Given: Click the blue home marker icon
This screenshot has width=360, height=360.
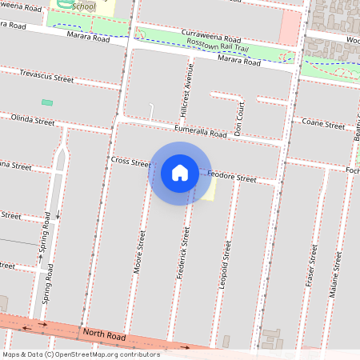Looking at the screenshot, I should (180, 173).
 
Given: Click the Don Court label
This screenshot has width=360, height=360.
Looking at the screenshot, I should (238, 116).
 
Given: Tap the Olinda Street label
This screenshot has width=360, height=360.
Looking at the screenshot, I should (33, 121).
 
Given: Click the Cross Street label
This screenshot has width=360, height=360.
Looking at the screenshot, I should (130, 162).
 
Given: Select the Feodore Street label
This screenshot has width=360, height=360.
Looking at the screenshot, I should (232, 177).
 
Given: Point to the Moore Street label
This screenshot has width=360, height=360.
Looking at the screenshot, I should (140, 253).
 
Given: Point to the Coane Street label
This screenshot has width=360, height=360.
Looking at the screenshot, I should (323, 124).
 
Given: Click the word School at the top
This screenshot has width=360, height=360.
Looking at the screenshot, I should (83, 6).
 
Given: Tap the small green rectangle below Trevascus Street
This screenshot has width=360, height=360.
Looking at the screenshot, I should (47, 102).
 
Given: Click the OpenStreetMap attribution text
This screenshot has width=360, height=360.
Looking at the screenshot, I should (81, 354).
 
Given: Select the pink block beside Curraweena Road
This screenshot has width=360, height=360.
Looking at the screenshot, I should (289, 28).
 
